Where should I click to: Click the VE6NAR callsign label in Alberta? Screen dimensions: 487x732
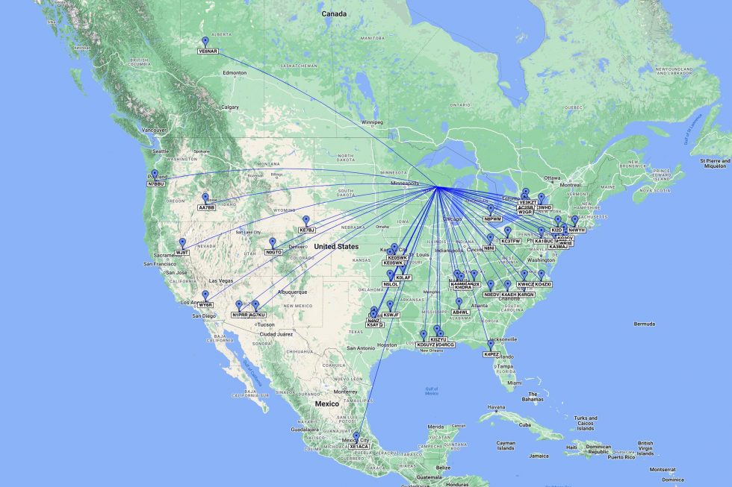click(x=208, y=51)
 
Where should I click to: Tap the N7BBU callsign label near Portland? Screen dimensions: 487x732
click(x=155, y=183)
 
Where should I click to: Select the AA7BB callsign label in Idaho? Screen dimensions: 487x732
click(x=206, y=207)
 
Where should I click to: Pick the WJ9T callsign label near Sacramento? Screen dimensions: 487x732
click(x=182, y=252)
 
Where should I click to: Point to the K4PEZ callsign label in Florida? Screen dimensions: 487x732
click(x=491, y=354)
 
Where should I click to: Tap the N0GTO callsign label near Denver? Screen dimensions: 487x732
click(x=273, y=252)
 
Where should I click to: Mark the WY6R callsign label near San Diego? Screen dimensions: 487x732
click(x=205, y=304)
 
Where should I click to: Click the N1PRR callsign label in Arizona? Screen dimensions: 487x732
click(x=239, y=315)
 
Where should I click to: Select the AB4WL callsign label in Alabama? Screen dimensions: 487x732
click(x=460, y=312)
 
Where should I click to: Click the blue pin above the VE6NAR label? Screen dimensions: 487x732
click(x=205, y=41)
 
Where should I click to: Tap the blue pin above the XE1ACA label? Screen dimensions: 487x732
click(x=356, y=436)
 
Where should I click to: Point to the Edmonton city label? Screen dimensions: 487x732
click(x=234, y=72)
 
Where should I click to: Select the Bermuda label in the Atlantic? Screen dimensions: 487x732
click(x=645, y=324)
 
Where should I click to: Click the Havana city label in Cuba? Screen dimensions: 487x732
click(x=497, y=407)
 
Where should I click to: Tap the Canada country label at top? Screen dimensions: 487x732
click(x=334, y=14)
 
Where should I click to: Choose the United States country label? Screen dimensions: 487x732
click(x=335, y=246)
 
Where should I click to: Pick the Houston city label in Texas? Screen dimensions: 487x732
click(x=387, y=345)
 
